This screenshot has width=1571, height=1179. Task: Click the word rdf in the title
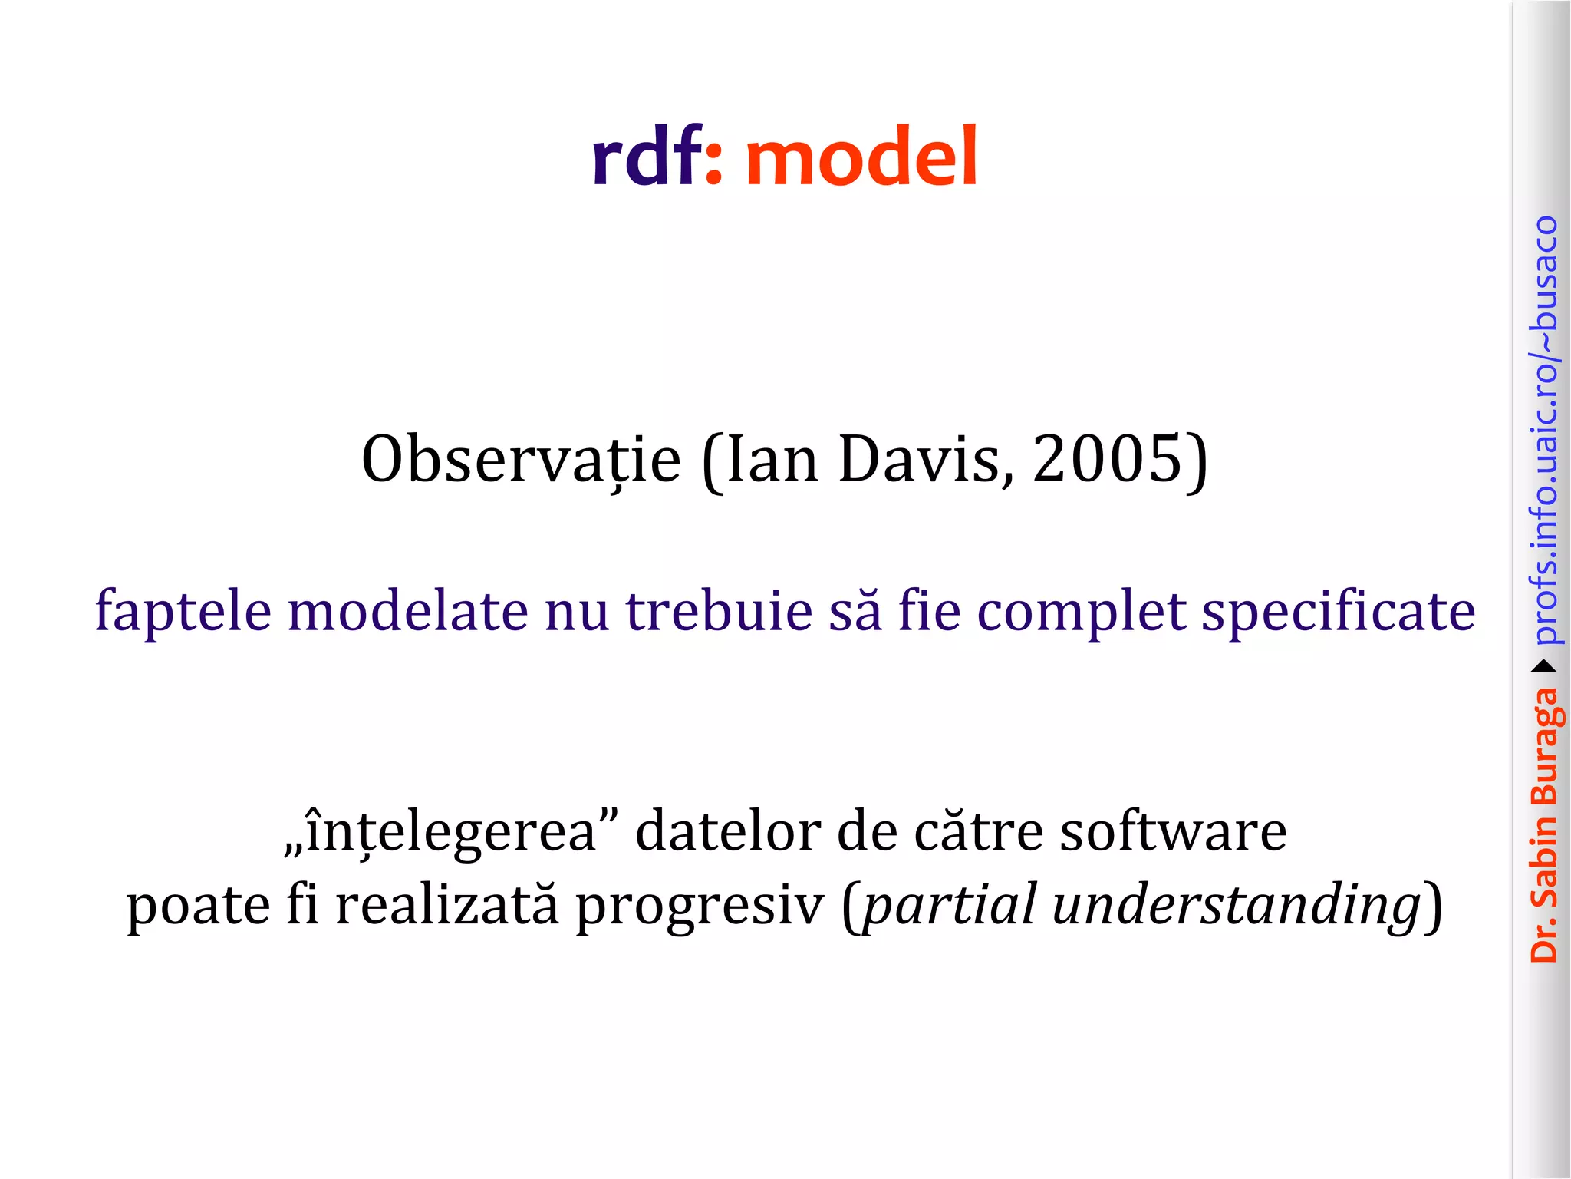pyautogui.click(x=646, y=157)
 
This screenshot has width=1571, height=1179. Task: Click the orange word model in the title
pyautogui.click(x=861, y=157)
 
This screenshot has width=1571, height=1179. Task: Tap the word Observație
pyautogui.click(x=521, y=460)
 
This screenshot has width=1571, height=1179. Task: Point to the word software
pyautogui.click(x=1173, y=831)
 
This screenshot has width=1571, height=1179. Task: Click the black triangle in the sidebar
pyautogui.click(x=1544, y=666)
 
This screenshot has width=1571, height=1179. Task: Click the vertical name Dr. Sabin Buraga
pyautogui.click(x=1544, y=825)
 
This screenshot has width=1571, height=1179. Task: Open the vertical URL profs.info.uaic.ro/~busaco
pyautogui.click(x=1544, y=430)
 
